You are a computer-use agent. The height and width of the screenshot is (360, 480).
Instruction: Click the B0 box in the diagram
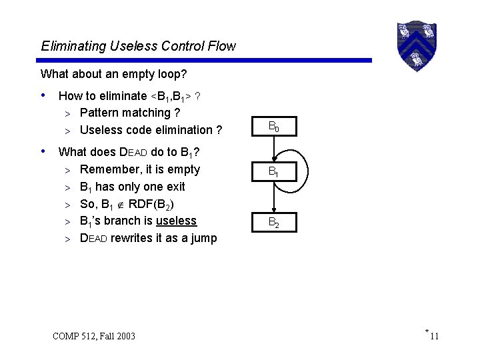(273, 125)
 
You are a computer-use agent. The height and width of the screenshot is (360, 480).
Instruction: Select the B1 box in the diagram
(273, 172)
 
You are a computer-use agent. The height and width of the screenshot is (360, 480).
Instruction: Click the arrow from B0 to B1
(273, 149)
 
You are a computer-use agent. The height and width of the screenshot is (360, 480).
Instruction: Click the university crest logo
(416, 45)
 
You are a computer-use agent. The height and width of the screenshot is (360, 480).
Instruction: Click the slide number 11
(434, 336)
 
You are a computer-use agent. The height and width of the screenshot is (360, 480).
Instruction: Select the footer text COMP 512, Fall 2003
(94, 335)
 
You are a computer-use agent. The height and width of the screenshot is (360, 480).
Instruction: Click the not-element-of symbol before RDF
(119, 204)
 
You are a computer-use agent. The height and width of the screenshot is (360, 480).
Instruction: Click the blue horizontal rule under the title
(206, 61)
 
